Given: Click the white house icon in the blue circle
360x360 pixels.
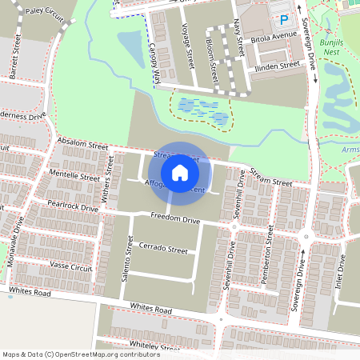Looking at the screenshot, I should pos(180,171).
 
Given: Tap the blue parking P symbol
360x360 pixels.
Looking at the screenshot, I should pos(283,18).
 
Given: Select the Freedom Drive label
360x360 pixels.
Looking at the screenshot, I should pos(175,219).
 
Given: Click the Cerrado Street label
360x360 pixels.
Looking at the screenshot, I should pos(163,250).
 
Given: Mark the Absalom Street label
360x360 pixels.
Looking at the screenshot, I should pos(83,145).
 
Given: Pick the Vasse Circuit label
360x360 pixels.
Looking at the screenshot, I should pos(71,266).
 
